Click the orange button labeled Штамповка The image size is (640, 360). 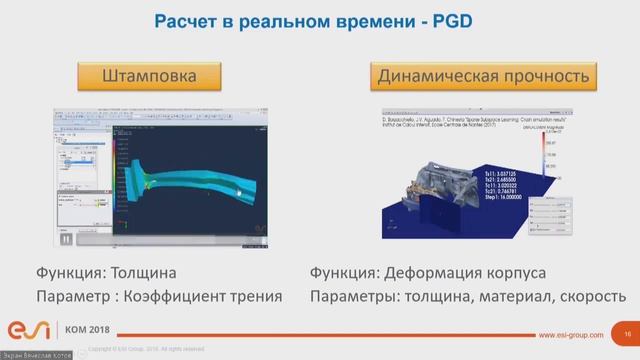(x=150, y=75)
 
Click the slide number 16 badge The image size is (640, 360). (x=627, y=334)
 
